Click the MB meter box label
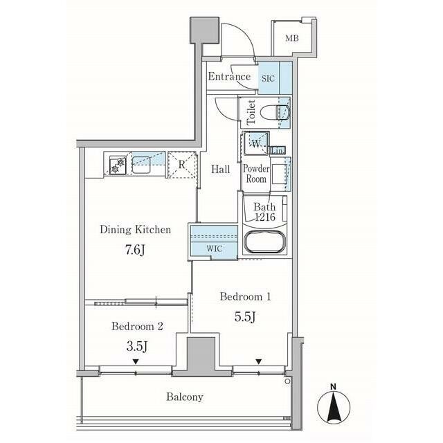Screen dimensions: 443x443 pos(292,38)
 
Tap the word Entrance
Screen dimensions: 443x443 pos(229,77)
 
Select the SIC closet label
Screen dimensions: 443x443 pos(268,78)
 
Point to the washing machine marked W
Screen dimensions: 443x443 pos(256,143)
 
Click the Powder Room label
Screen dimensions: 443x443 pos(256,174)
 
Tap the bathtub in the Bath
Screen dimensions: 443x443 pos(264,242)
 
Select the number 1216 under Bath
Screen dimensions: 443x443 pos(265,217)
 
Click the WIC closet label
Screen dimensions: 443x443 pos(214,249)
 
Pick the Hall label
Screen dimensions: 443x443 pos(221,170)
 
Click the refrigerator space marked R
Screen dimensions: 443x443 pos(182,165)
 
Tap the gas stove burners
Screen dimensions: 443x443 pos(118,165)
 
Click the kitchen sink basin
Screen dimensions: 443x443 pos(141,165)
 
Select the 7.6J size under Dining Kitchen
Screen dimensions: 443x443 pos(136,250)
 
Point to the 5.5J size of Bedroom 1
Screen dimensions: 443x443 pos(245,317)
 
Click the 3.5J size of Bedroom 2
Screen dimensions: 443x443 pos(137,346)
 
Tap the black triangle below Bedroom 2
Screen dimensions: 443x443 pos(136,361)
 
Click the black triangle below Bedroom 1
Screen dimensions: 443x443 pos(258,361)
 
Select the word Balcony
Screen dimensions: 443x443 pos(185,397)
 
